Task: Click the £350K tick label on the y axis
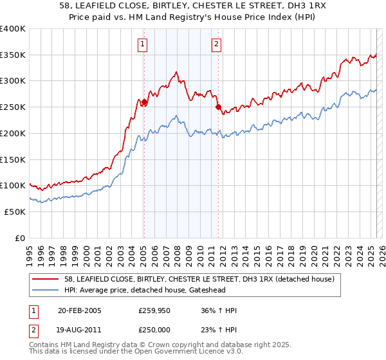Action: (x=13, y=55)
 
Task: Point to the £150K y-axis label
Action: (x=13, y=159)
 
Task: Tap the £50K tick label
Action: (x=15, y=212)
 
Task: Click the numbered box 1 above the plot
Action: (x=142, y=44)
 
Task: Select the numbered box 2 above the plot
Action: (x=217, y=44)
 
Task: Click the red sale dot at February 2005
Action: (x=144, y=102)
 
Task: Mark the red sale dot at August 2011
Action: (x=218, y=107)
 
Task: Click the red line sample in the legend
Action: (x=46, y=280)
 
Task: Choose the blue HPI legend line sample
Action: (x=46, y=291)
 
